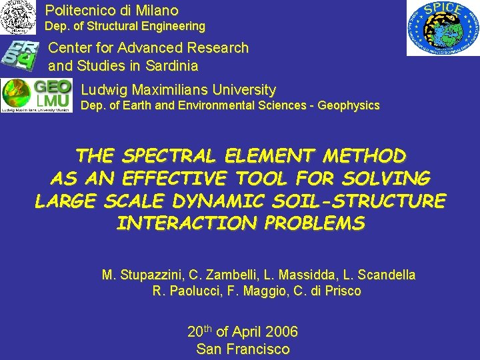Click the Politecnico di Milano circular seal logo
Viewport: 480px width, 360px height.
(18, 17)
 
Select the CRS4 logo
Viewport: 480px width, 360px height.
(21, 55)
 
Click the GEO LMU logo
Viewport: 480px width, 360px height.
(37, 95)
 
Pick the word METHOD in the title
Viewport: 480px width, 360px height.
(364, 156)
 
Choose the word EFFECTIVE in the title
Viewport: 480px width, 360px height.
(175, 179)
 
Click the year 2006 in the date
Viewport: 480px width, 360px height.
(281, 332)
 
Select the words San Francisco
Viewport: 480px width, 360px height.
(243, 349)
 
